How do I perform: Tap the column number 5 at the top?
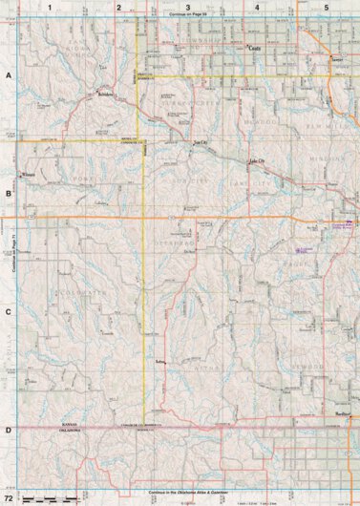click(x=326, y=7)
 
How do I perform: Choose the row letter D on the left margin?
click(x=9, y=431)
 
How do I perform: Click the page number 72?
click(x=9, y=498)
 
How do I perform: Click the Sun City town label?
click(x=200, y=143)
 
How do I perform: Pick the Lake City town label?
click(x=257, y=161)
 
